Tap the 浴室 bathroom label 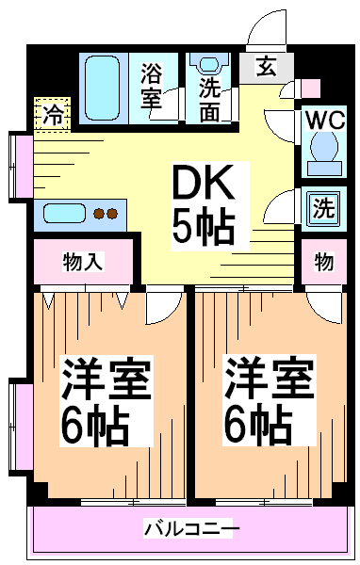click(x=152, y=86)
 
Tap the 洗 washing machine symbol click(x=322, y=207)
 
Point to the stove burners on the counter click(x=106, y=214)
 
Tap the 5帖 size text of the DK click(x=202, y=226)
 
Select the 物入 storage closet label click(x=82, y=261)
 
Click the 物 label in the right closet click(x=324, y=262)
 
